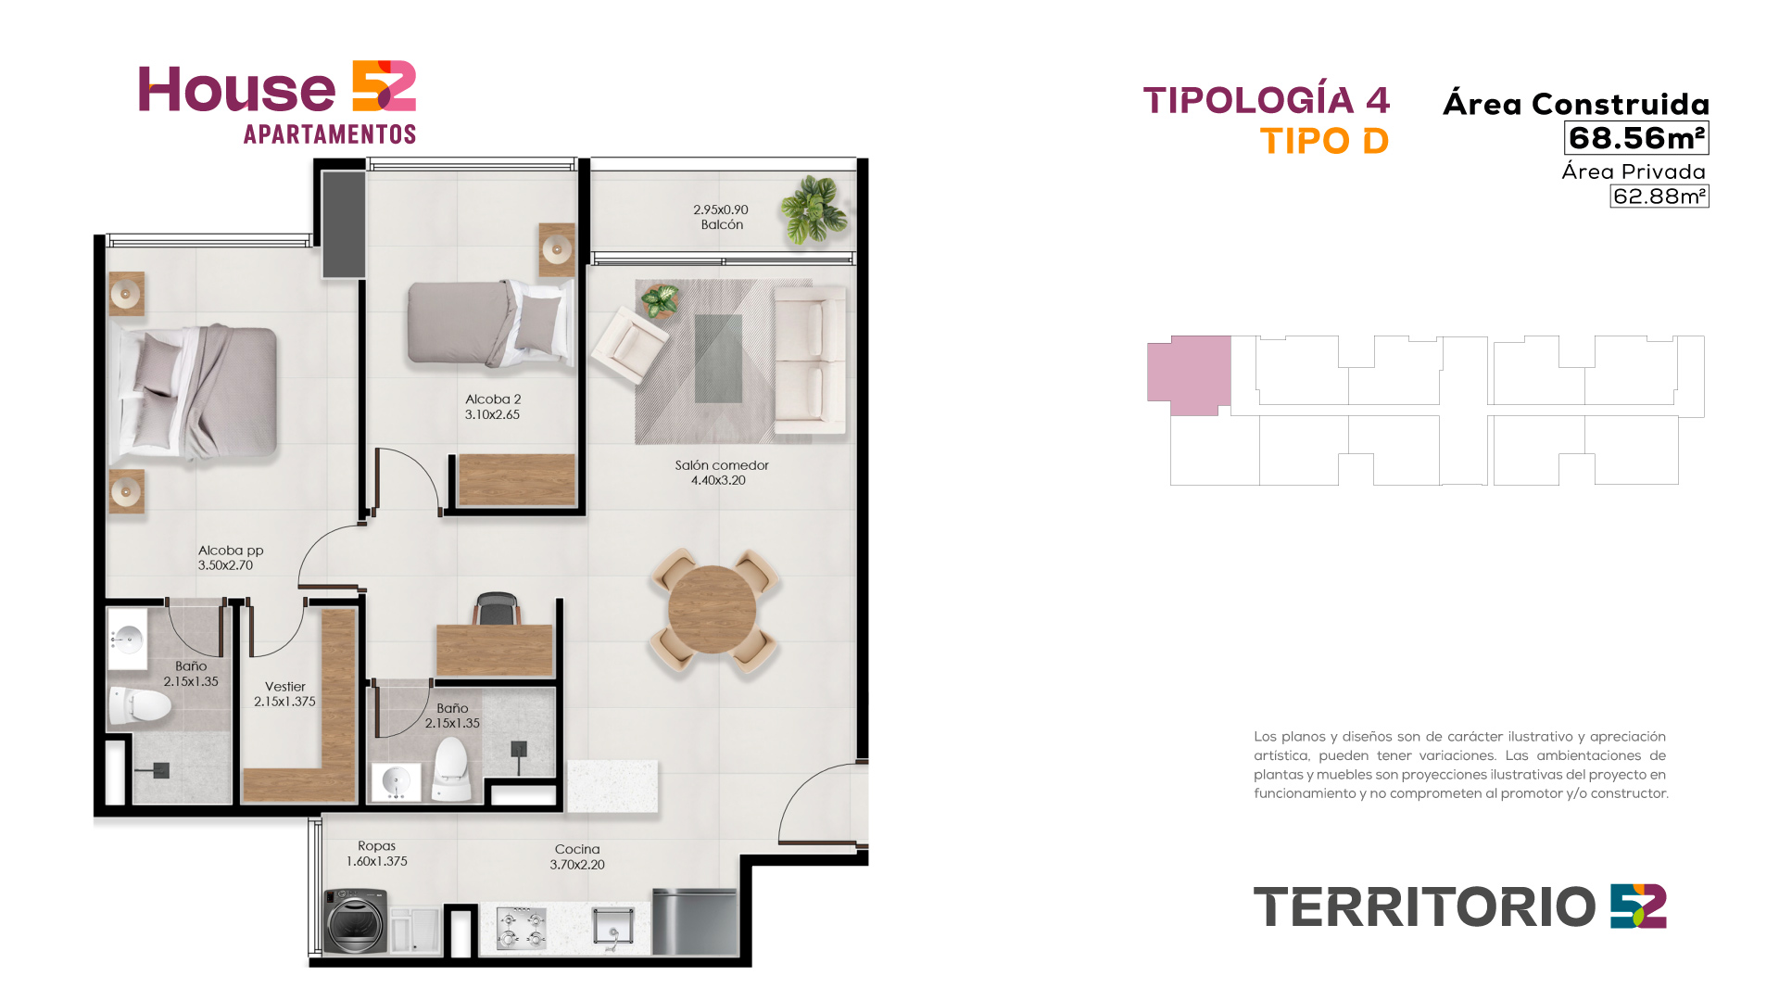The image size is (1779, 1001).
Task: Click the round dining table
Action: pos(712,610)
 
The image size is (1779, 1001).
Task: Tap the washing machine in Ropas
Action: pos(355,921)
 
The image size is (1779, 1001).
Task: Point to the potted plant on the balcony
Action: pos(814,209)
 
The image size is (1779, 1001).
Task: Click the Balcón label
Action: pos(722,225)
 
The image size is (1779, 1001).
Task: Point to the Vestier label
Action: pos(285,687)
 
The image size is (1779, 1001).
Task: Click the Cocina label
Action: pos(577,849)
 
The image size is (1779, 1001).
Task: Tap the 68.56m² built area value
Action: pos(1637,138)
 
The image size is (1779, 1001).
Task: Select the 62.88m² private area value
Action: pos(1659,196)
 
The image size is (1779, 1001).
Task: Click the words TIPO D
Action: pos(1324,141)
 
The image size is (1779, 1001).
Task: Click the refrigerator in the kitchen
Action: pos(695,922)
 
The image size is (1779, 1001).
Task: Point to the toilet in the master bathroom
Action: pos(140,706)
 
